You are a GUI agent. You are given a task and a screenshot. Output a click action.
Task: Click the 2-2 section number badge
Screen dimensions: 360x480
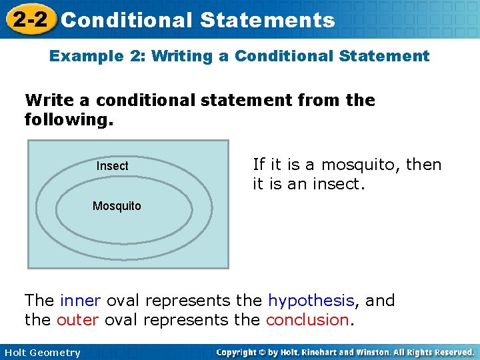29,19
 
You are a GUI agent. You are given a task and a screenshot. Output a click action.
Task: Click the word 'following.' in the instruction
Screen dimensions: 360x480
69,121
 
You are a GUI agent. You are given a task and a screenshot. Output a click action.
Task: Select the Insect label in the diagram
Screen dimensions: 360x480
112,166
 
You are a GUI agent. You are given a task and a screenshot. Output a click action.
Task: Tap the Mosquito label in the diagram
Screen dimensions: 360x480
117,206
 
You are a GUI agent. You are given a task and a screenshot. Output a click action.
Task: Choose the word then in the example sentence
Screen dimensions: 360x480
424,165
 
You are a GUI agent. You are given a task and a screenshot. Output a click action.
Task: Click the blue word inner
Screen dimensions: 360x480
81,301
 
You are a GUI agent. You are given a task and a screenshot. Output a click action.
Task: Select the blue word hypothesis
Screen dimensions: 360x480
311,301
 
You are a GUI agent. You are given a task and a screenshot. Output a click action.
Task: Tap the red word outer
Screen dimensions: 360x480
77,320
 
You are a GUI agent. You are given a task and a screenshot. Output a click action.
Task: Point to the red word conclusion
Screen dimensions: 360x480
307,320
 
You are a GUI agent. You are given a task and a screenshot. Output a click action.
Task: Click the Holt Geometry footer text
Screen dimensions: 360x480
41,353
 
